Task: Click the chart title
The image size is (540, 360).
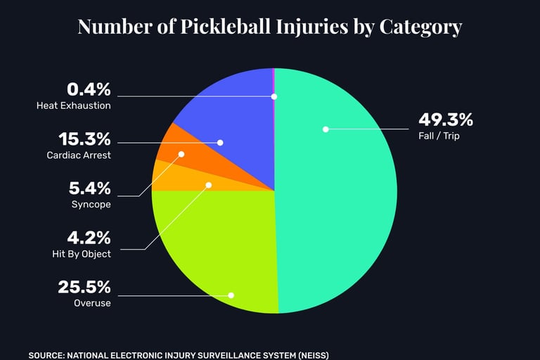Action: (x=270, y=27)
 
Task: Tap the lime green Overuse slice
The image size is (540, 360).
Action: (x=211, y=246)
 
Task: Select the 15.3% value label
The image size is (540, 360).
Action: (x=89, y=139)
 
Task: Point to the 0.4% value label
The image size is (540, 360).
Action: (x=89, y=90)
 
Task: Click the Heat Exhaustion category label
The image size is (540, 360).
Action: (x=73, y=105)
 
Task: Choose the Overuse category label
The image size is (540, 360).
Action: (x=91, y=303)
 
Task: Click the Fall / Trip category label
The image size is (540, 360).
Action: (x=438, y=135)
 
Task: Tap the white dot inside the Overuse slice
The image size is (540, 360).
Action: (x=231, y=295)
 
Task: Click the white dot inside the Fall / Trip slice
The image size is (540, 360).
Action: (x=326, y=129)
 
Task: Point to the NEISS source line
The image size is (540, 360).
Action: (x=179, y=355)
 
